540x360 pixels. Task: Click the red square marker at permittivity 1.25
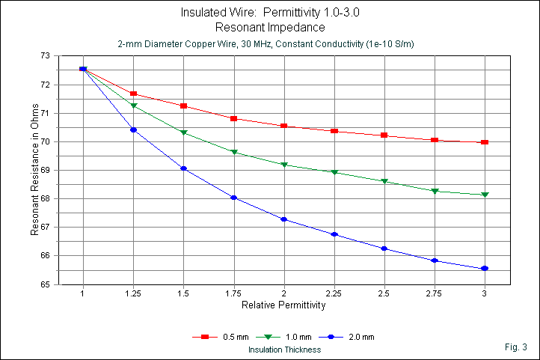(133, 94)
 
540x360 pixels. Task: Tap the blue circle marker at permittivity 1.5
(183, 168)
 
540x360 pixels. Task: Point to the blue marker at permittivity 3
(485, 269)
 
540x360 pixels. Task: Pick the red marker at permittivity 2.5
(384, 135)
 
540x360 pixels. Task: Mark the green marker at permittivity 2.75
(435, 192)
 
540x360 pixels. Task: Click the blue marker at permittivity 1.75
(234, 198)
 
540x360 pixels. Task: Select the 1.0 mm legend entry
(285, 338)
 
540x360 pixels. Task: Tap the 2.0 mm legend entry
(351, 338)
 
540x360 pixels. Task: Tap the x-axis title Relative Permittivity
(283, 306)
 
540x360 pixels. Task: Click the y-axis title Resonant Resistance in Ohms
(34, 170)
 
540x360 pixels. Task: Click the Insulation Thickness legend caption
(284, 350)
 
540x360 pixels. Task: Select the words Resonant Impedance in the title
(269, 28)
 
